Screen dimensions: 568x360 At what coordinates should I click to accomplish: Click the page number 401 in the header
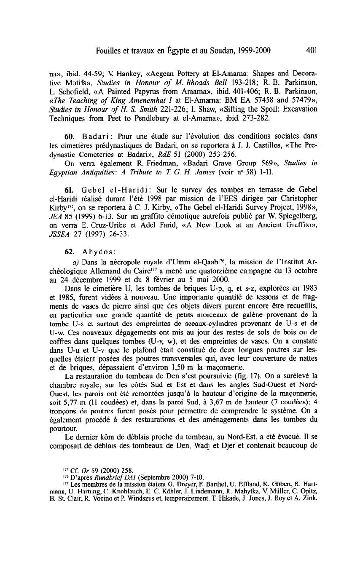(312, 51)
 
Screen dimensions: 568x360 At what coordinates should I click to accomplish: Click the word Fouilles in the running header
(107, 51)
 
